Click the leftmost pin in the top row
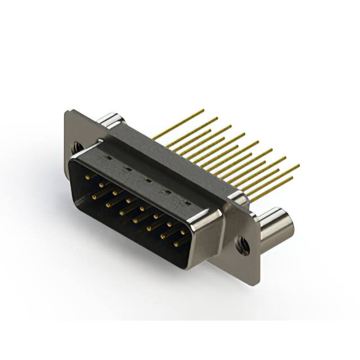(x=88, y=176)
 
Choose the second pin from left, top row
(x=101, y=184)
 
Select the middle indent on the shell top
(x=147, y=180)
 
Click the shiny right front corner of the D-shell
(x=202, y=225)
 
